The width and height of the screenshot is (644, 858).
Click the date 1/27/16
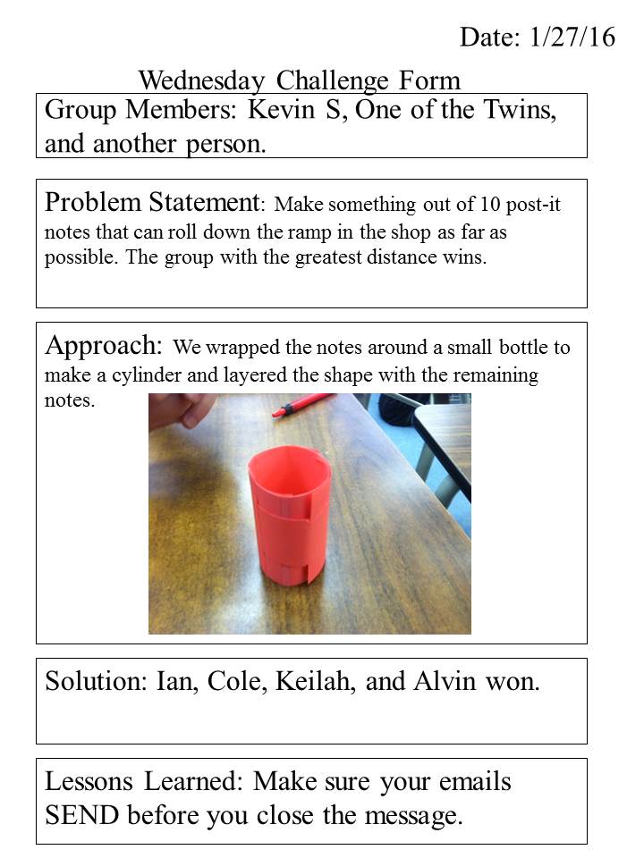(x=572, y=38)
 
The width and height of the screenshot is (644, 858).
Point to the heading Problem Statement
(x=151, y=202)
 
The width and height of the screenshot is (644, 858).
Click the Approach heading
(x=103, y=346)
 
